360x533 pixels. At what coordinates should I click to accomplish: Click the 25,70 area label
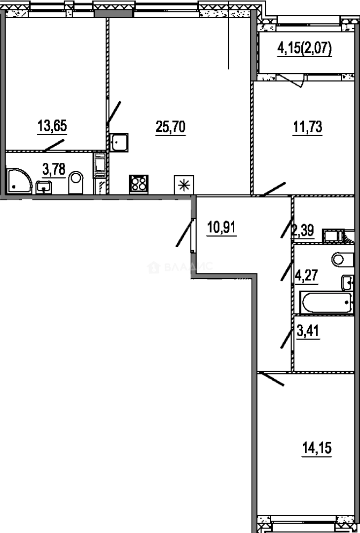point(171,127)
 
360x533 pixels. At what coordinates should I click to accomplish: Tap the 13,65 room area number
point(52,126)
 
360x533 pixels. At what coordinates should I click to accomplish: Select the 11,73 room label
point(307,128)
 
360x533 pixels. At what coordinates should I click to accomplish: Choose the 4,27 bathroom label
point(307,275)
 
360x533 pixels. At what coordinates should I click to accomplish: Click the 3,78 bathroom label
point(54,169)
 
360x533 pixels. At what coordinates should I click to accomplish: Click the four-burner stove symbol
point(139,184)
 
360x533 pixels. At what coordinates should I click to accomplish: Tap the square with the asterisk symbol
point(184,185)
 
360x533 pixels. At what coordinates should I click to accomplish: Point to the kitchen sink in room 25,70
point(119,143)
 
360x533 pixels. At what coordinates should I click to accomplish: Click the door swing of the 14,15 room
point(271,380)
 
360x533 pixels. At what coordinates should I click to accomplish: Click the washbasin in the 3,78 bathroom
point(43,188)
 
